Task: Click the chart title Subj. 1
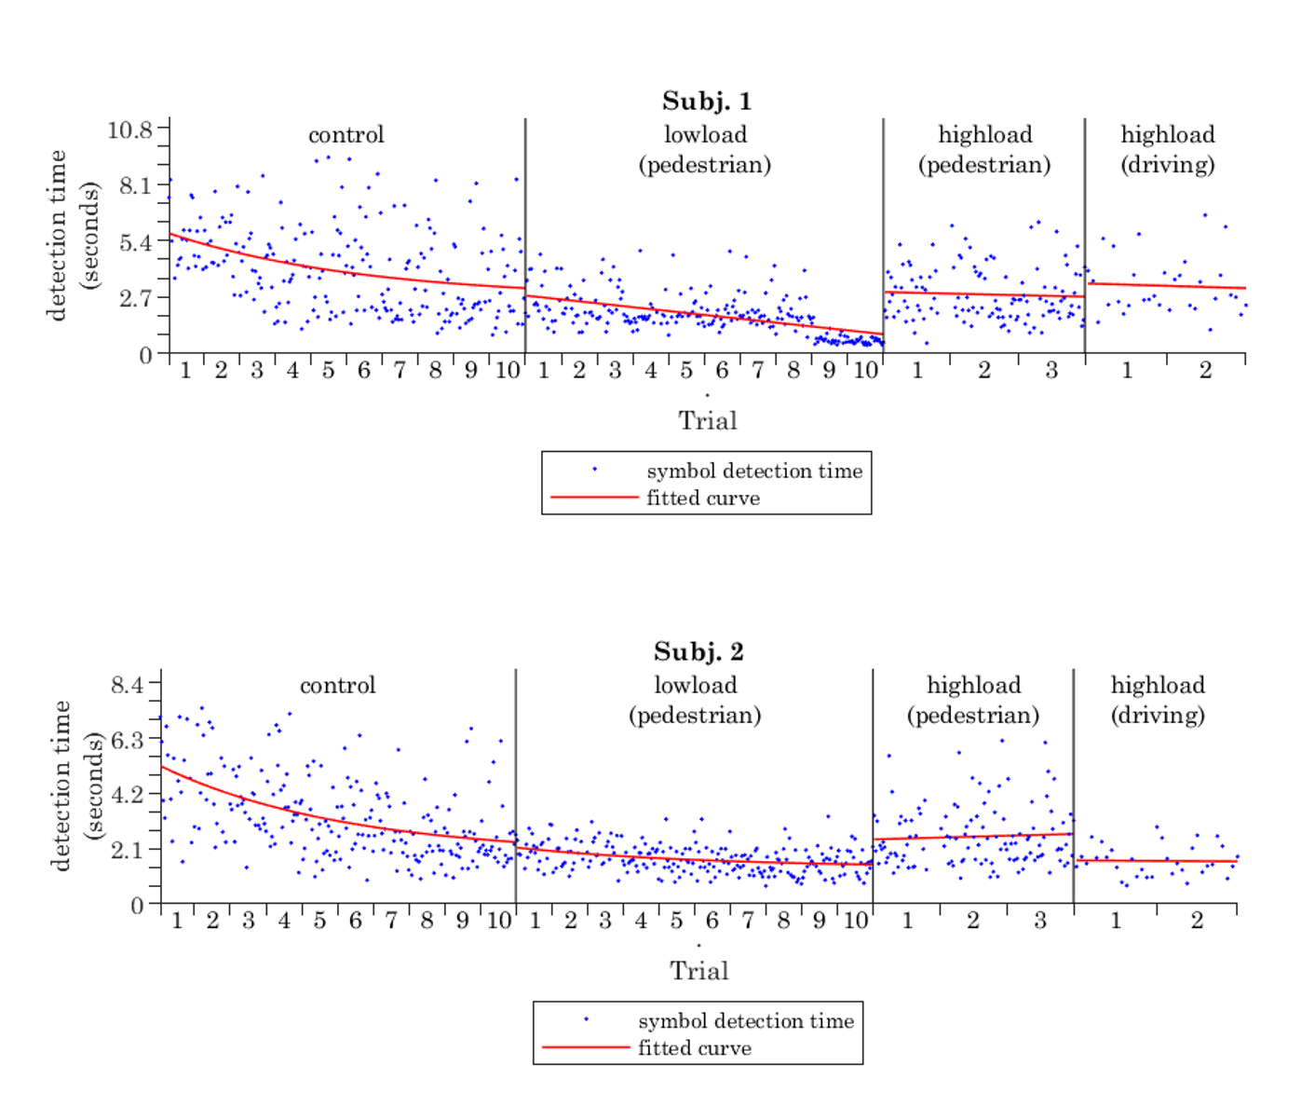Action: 706,101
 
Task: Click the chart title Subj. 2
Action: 698,651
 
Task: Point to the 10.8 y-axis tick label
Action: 129,130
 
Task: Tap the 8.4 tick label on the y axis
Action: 128,685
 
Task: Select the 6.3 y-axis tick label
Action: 128,740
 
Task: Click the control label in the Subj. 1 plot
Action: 346,135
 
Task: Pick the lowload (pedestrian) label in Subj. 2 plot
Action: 695,700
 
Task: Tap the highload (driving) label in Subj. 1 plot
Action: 1167,149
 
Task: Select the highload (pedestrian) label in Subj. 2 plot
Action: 973,700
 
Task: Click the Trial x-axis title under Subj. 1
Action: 707,421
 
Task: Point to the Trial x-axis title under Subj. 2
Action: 698,971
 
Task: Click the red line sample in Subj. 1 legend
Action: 594,498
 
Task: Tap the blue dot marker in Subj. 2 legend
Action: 586,1019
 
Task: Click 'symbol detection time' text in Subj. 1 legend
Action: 754,471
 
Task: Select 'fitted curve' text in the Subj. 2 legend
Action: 695,1048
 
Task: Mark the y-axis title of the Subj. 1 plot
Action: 73,235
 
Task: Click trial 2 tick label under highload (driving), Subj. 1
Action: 1205,371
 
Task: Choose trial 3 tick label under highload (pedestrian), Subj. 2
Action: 1040,921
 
